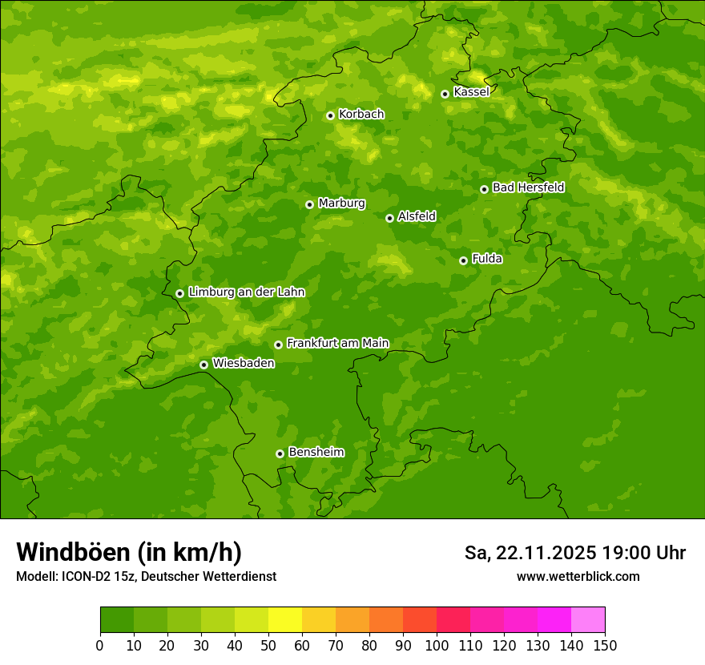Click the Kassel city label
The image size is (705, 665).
471,92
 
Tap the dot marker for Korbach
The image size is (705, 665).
330,115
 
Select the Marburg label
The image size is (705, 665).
341,204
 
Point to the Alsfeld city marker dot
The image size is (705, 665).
389,218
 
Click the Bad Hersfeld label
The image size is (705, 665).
528,187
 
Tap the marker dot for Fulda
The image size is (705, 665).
463,260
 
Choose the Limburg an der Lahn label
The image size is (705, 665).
247,292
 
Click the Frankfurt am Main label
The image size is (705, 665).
337,343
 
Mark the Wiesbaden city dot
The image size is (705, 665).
203,365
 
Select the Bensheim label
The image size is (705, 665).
316,452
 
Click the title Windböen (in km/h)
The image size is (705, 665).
129,553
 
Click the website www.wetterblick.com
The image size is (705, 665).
578,576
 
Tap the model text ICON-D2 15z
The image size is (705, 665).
92,576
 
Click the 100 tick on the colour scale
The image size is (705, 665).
437,646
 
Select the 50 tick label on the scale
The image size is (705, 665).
268,646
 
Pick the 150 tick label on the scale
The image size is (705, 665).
605,646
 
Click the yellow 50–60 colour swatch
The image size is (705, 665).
285,620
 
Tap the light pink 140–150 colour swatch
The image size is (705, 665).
588,620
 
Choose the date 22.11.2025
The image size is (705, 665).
546,553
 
